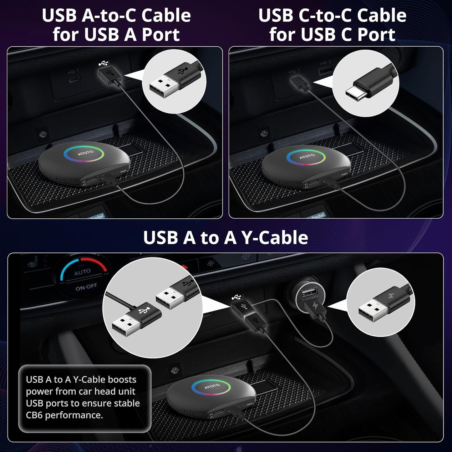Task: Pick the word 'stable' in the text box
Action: coord(126,403)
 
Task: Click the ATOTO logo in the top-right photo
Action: coord(307,155)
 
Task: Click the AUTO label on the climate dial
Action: coord(82,272)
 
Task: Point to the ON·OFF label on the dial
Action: coord(86,287)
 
